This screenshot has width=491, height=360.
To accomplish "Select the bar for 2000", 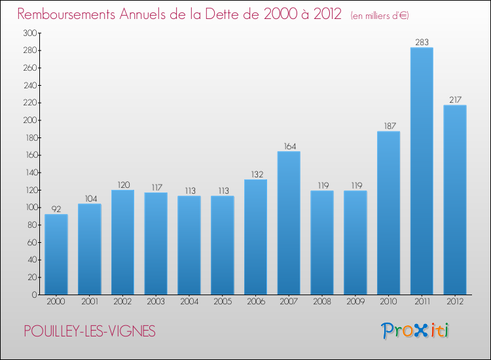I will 56,255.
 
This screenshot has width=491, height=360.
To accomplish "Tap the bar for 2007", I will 289,223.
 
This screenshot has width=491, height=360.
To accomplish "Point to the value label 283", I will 422,42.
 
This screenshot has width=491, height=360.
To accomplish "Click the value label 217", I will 455,99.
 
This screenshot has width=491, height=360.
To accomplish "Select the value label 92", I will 56,209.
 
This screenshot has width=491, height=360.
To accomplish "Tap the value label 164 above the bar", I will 289,146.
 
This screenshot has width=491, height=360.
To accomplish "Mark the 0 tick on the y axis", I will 33,295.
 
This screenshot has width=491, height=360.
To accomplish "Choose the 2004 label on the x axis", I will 189,302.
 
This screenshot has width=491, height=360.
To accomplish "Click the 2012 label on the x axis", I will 455,302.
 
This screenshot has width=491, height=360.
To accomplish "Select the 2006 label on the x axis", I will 255,302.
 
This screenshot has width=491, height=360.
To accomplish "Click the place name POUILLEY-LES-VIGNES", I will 90,331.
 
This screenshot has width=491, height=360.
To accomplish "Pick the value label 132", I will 255,174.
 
